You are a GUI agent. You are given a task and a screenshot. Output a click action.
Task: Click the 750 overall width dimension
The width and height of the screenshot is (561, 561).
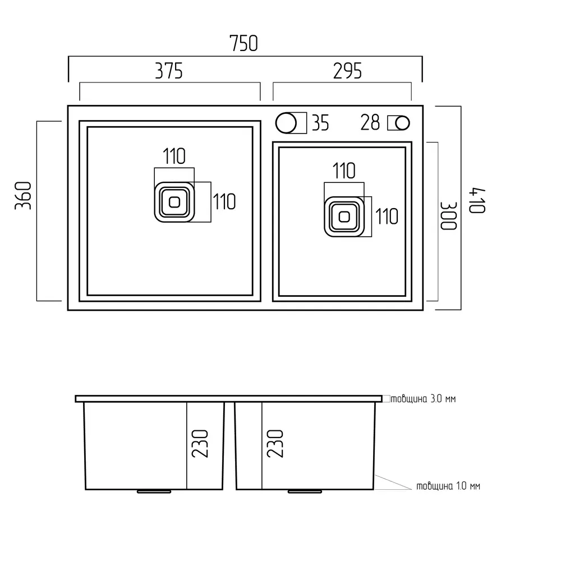[x=243, y=43]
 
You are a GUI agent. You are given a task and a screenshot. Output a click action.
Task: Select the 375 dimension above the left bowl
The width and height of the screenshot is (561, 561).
[x=169, y=71]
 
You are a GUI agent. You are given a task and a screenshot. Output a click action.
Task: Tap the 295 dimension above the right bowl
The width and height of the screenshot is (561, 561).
[x=347, y=71]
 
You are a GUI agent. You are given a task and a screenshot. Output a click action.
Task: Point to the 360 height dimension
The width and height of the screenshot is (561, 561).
[x=23, y=195]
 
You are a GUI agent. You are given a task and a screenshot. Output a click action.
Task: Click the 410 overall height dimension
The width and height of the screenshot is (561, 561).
[x=477, y=200]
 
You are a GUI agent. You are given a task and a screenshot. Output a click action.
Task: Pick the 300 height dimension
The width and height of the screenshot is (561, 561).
[x=448, y=216]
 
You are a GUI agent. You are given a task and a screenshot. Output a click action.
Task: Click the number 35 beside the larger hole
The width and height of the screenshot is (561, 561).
[x=320, y=123]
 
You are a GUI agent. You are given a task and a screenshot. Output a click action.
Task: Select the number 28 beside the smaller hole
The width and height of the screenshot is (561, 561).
[x=370, y=123]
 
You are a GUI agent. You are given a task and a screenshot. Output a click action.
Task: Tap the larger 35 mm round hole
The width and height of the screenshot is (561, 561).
[x=286, y=123]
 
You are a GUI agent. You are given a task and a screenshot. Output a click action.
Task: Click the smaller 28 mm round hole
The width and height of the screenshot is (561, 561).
[x=402, y=123]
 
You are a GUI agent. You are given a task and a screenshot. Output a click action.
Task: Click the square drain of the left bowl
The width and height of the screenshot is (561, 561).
[x=174, y=202]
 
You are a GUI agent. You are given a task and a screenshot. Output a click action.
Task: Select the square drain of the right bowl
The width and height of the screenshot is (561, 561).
[x=344, y=217]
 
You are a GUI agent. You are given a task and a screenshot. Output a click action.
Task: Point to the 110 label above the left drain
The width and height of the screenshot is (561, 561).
[x=174, y=157]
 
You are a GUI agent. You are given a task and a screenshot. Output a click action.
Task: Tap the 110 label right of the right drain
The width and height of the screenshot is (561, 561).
[x=387, y=217]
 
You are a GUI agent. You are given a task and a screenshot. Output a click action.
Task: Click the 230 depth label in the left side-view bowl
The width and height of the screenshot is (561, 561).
[x=200, y=444]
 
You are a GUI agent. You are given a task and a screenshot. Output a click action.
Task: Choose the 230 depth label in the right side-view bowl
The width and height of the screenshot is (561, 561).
[x=275, y=444]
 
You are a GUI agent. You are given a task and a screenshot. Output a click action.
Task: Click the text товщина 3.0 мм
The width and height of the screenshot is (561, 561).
[x=423, y=398]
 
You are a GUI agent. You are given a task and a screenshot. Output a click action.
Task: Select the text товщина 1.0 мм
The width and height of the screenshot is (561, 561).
[x=448, y=486]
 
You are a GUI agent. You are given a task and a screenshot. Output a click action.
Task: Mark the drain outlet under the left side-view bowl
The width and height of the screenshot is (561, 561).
[x=154, y=491]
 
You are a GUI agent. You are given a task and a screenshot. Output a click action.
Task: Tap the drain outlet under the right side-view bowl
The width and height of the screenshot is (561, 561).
[x=305, y=491]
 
